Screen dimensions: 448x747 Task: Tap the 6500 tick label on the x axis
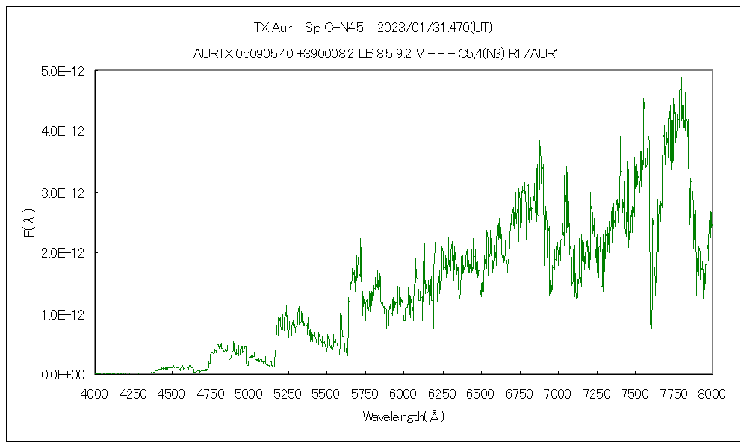click(x=480, y=393)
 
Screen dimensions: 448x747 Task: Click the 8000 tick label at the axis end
click(x=712, y=393)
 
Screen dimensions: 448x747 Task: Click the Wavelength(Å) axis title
click(x=403, y=417)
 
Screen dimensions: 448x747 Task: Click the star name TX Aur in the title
click(x=273, y=28)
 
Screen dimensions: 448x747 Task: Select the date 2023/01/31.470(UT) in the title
click(x=435, y=28)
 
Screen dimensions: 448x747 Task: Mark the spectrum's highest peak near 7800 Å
click(x=681, y=78)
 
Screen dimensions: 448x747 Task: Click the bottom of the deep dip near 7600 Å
click(x=651, y=327)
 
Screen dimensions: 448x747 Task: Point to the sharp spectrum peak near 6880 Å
click(x=539, y=140)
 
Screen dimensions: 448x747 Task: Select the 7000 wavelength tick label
click(x=557, y=393)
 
